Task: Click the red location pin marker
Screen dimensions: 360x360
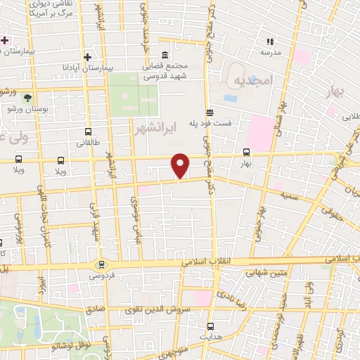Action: pos(181,166)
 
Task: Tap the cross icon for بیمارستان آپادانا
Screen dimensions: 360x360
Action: pos(87,58)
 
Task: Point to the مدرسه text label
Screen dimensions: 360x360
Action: pos(271,53)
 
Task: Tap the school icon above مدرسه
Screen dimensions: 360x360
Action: pos(271,41)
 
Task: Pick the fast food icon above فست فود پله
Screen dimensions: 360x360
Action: pos(209,112)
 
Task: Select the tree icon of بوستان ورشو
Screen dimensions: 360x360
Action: pos(27,98)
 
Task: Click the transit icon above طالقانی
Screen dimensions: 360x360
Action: pos(88,131)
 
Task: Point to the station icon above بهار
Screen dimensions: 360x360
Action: pos(246,151)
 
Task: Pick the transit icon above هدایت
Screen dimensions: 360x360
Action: pos(210,326)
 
